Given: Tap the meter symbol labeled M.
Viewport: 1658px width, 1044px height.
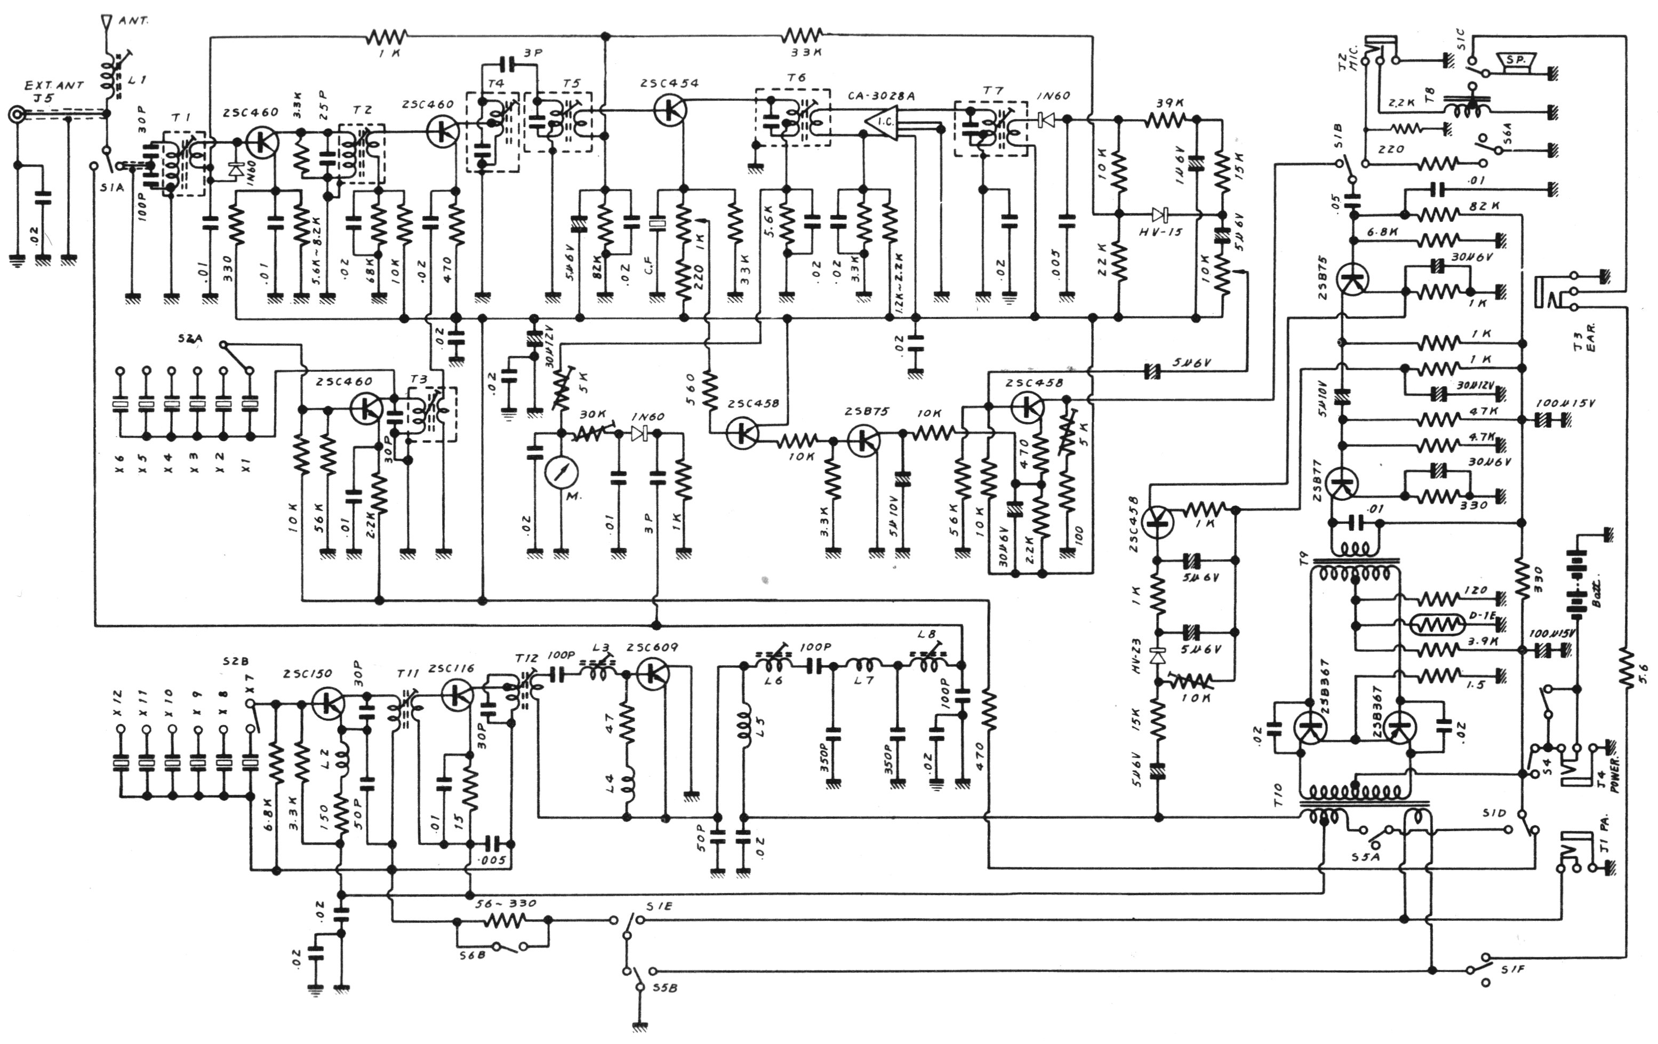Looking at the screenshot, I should pos(561,473).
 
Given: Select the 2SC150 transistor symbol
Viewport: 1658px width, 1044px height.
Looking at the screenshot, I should pos(329,703).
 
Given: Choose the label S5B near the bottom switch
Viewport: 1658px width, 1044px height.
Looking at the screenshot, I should pos(664,987).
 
